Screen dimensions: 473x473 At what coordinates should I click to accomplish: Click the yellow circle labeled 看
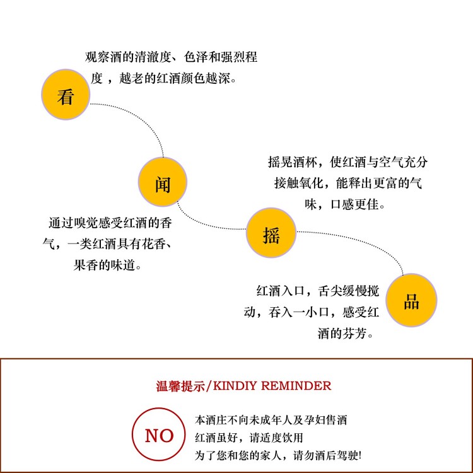(66, 96)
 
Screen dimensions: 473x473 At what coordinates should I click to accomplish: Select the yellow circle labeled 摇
(271, 235)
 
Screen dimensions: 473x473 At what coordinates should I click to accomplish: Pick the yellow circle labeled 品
(411, 301)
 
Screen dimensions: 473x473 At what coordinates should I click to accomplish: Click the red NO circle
(159, 435)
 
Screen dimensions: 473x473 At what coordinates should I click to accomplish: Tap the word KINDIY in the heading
(233, 386)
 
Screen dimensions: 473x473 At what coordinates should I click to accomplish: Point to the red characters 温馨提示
(180, 386)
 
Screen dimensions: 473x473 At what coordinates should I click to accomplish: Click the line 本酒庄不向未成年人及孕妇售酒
(272, 419)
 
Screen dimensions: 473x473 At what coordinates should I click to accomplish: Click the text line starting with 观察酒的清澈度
(171, 57)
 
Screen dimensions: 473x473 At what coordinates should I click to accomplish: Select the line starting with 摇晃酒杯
(347, 162)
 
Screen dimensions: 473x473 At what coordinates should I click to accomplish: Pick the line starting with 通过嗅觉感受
(110, 223)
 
